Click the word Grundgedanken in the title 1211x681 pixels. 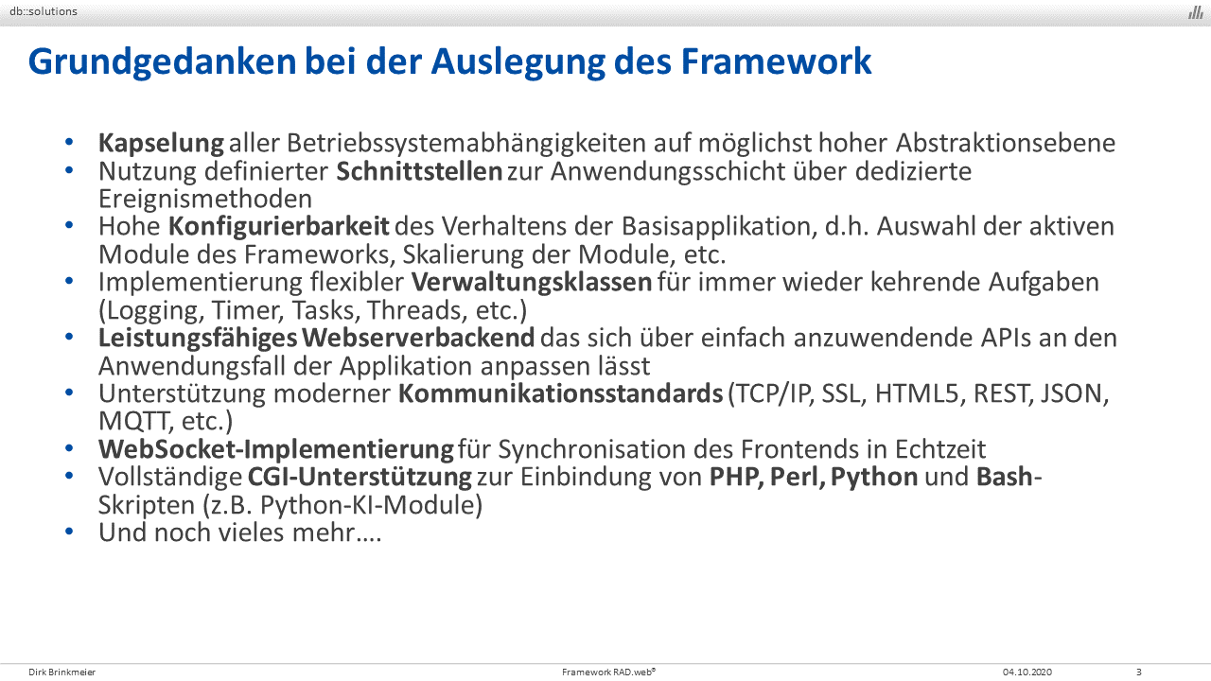[162, 62]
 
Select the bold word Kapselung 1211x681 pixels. [161, 144]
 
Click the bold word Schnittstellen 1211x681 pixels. [419, 171]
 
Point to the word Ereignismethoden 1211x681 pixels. [205, 200]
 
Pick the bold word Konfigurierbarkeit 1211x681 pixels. [278, 227]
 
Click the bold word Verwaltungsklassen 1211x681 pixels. [532, 283]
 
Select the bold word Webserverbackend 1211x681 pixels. [418, 338]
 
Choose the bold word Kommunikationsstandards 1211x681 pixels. [561, 393]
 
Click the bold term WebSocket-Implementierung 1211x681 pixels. [275, 449]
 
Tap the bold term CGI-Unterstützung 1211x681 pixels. [360, 478]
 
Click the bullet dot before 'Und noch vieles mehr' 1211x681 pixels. [69, 532]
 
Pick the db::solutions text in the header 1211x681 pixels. [44, 11]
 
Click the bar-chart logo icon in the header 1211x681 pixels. [1195, 12]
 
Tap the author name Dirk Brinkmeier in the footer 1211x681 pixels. [62, 672]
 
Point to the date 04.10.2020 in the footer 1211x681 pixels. [1027, 672]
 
